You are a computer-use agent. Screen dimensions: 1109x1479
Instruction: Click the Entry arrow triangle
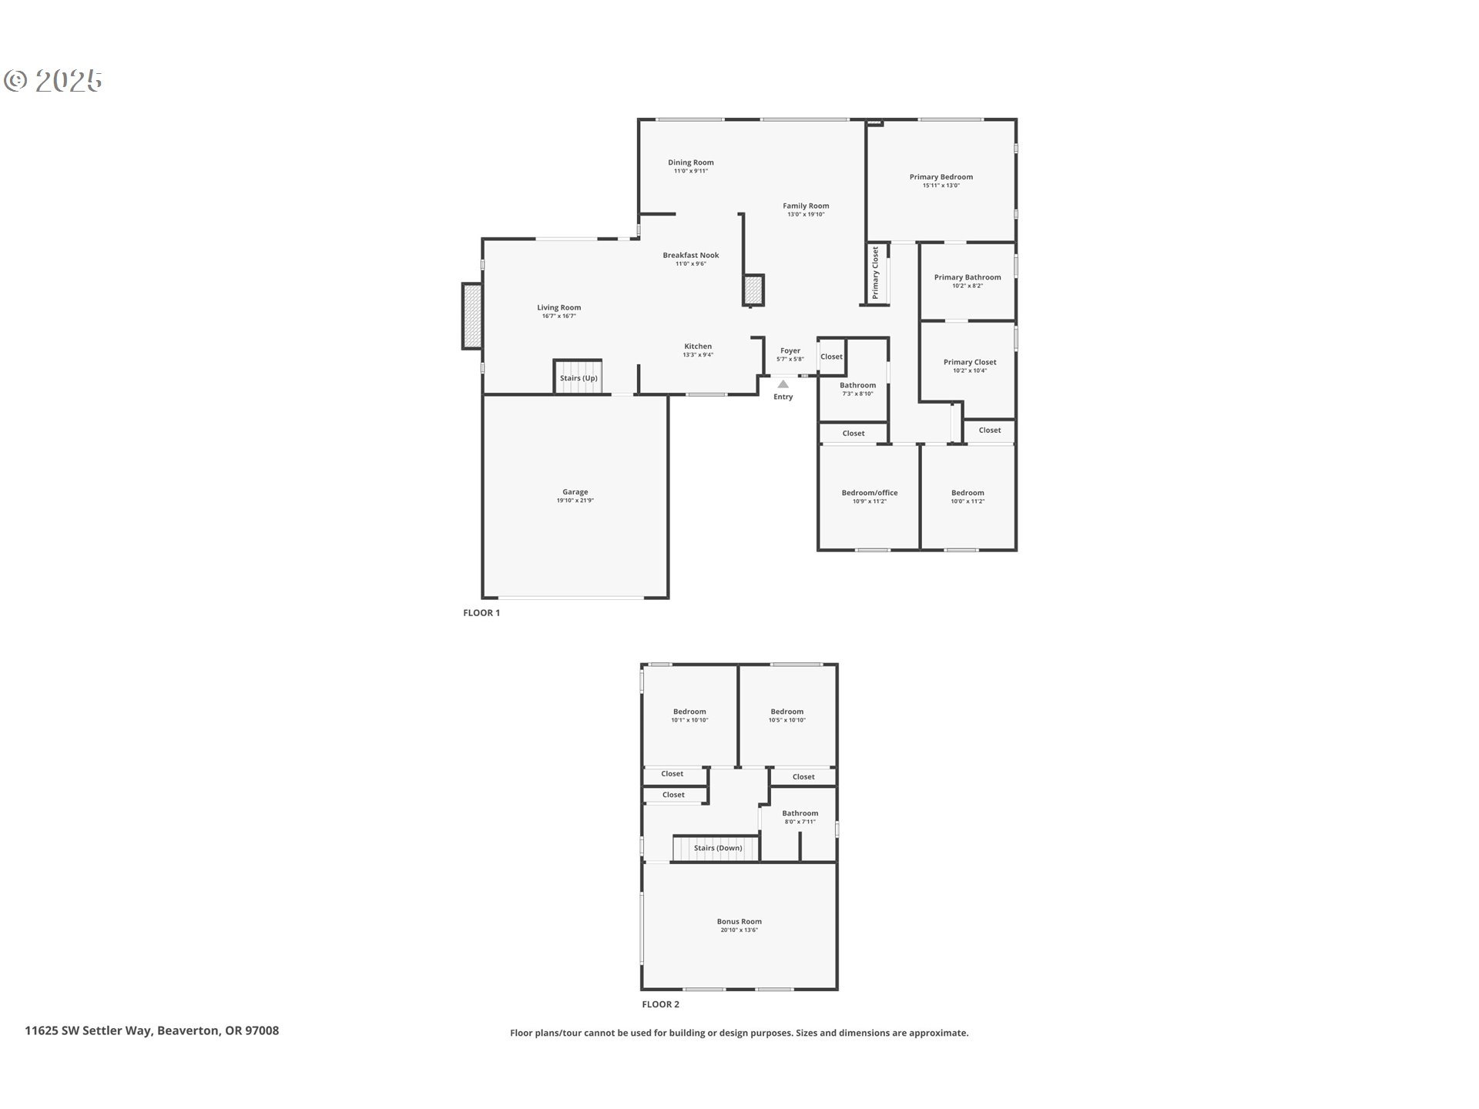[x=783, y=384]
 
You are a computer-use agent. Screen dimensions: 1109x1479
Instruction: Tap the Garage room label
[x=575, y=492]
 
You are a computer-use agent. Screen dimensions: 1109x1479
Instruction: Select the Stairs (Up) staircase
[x=578, y=377]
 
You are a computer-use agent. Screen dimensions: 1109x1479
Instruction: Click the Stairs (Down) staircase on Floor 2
[x=717, y=848]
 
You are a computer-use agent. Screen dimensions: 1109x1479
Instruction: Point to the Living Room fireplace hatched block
[x=471, y=316]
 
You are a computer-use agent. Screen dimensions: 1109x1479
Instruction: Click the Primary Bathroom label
[x=968, y=277]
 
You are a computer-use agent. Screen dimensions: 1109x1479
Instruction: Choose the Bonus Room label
[x=739, y=921]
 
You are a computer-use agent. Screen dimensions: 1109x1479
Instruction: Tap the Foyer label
[x=790, y=350]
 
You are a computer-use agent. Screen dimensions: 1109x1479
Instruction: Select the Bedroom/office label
[x=870, y=493]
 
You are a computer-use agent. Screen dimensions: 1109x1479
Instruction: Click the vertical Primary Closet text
[x=876, y=273]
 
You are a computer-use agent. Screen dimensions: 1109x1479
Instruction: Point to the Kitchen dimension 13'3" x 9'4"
[x=698, y=355]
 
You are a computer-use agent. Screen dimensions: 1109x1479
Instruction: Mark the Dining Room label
[x=691, y=162]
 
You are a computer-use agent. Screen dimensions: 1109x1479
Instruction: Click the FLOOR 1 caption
[x=481, y=613]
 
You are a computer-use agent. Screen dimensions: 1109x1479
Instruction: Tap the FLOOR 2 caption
[x=661, y=1004]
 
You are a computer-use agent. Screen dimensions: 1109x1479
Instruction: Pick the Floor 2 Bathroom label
[x=800, y=813]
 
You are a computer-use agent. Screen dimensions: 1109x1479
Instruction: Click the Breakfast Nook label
[x=691, y=255]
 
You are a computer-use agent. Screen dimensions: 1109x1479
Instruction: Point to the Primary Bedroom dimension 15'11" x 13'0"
[x=941, y=186]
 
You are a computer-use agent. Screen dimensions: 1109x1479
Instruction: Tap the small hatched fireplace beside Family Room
[x=753, y=290]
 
